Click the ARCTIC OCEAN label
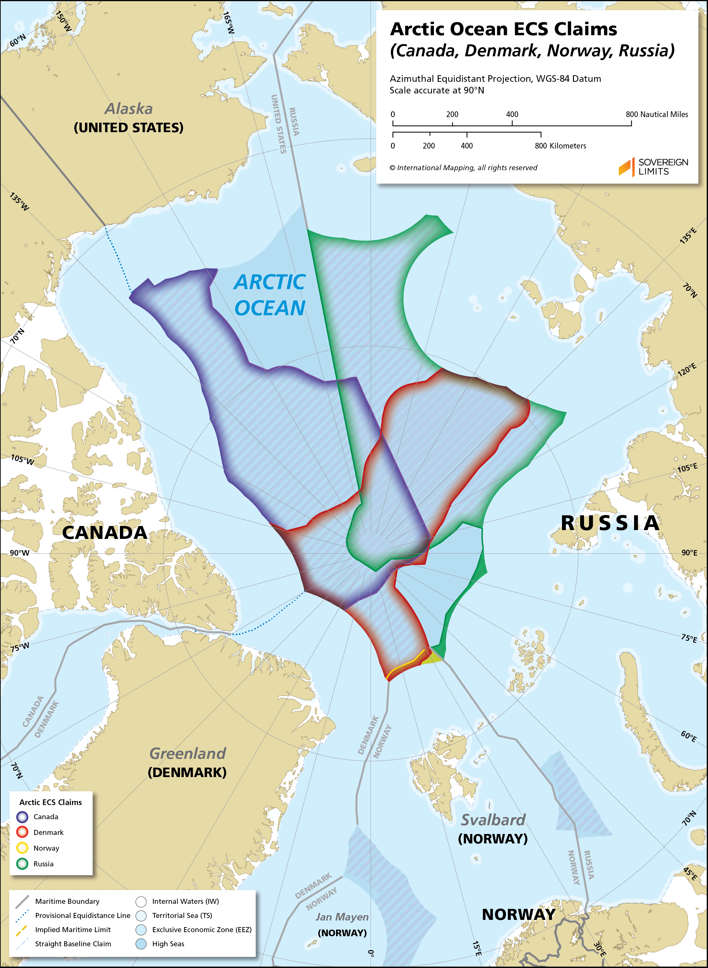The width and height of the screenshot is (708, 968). click(270, 295)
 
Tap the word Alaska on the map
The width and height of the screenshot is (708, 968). click(129, 109)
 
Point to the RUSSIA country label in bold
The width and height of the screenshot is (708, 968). click(610, 523)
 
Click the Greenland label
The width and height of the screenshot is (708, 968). click(187, 753)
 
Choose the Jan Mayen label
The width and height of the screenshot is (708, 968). click(342, 917)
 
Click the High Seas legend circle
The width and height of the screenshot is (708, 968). click(141, 943)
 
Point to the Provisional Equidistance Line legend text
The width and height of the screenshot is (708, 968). click(82, 915)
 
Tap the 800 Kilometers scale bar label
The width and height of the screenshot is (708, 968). click(560, 146)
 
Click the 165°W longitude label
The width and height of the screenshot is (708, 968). click(228, 23)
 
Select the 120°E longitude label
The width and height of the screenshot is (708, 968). click(687, 369)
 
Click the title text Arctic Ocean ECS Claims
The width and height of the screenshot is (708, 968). click(503, 29)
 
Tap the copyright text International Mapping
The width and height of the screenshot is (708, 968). click(463, 168)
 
